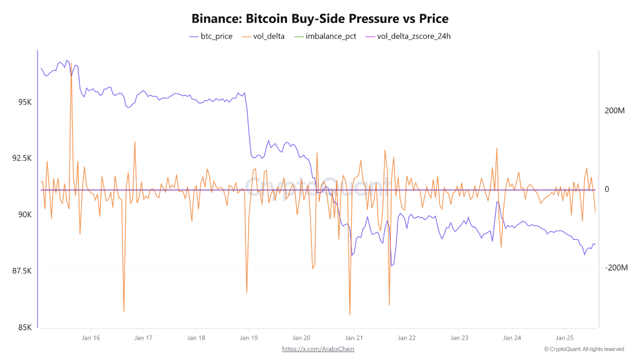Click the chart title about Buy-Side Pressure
pyautogui.click(x=320, y=19)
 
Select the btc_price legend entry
pyautogui.click(x=210, y=36)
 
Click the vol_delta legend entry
pyautogui.click(x=263, y=36)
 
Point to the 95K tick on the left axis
pyautogui.click(x=25, y=102)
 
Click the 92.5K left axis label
pyautogui.click(x=22, y=158)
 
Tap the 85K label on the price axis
pyautogui.click(x=25, y=327)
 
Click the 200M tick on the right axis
pyautogui.click(x=615, y=110)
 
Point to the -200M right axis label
pyautogui.click(x=616, y=268)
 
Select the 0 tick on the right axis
pyautogui.click(x=607, y=189)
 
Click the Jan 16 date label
pyautogui.click(x=90, y=338)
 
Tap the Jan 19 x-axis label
pyautogui.click(x=248, y=338)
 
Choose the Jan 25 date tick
pyautogui.click(x=564, y=338)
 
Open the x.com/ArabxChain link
pyautogui.click(x=318, y=349)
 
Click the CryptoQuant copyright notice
pyautogui.click(x=584, y=349)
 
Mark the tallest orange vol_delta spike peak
pyautogui.click(x=71, y=63)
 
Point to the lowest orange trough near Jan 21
pyautogui.click(x=350, y=315)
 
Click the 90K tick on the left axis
pyautogui.click(x=25, y=214)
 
